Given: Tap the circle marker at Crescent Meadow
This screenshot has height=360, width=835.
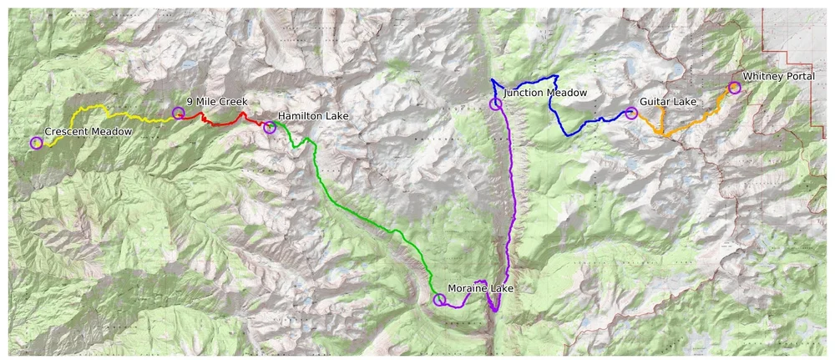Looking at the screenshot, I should [x=36, y=143].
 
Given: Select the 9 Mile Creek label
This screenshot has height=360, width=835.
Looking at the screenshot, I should [x=216, y=102].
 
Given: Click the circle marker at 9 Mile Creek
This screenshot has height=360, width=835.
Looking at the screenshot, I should [x=178, y=113].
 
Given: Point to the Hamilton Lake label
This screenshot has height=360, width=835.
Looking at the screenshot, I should [x=313, y=116].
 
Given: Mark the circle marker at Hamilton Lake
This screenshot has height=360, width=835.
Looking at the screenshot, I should [x=270, y=127].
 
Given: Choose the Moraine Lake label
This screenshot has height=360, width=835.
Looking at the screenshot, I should [x=481, y=289].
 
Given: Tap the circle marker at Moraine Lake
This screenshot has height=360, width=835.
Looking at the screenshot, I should [x=439, y=300].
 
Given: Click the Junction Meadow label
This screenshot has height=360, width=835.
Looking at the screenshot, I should [x=545, y=93].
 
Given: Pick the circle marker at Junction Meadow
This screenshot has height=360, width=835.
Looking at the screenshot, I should [x=496, y=104].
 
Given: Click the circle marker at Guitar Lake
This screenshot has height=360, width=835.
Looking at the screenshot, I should [x=631, y=114].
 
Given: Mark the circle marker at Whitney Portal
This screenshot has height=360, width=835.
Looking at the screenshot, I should [x=735, y=88].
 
